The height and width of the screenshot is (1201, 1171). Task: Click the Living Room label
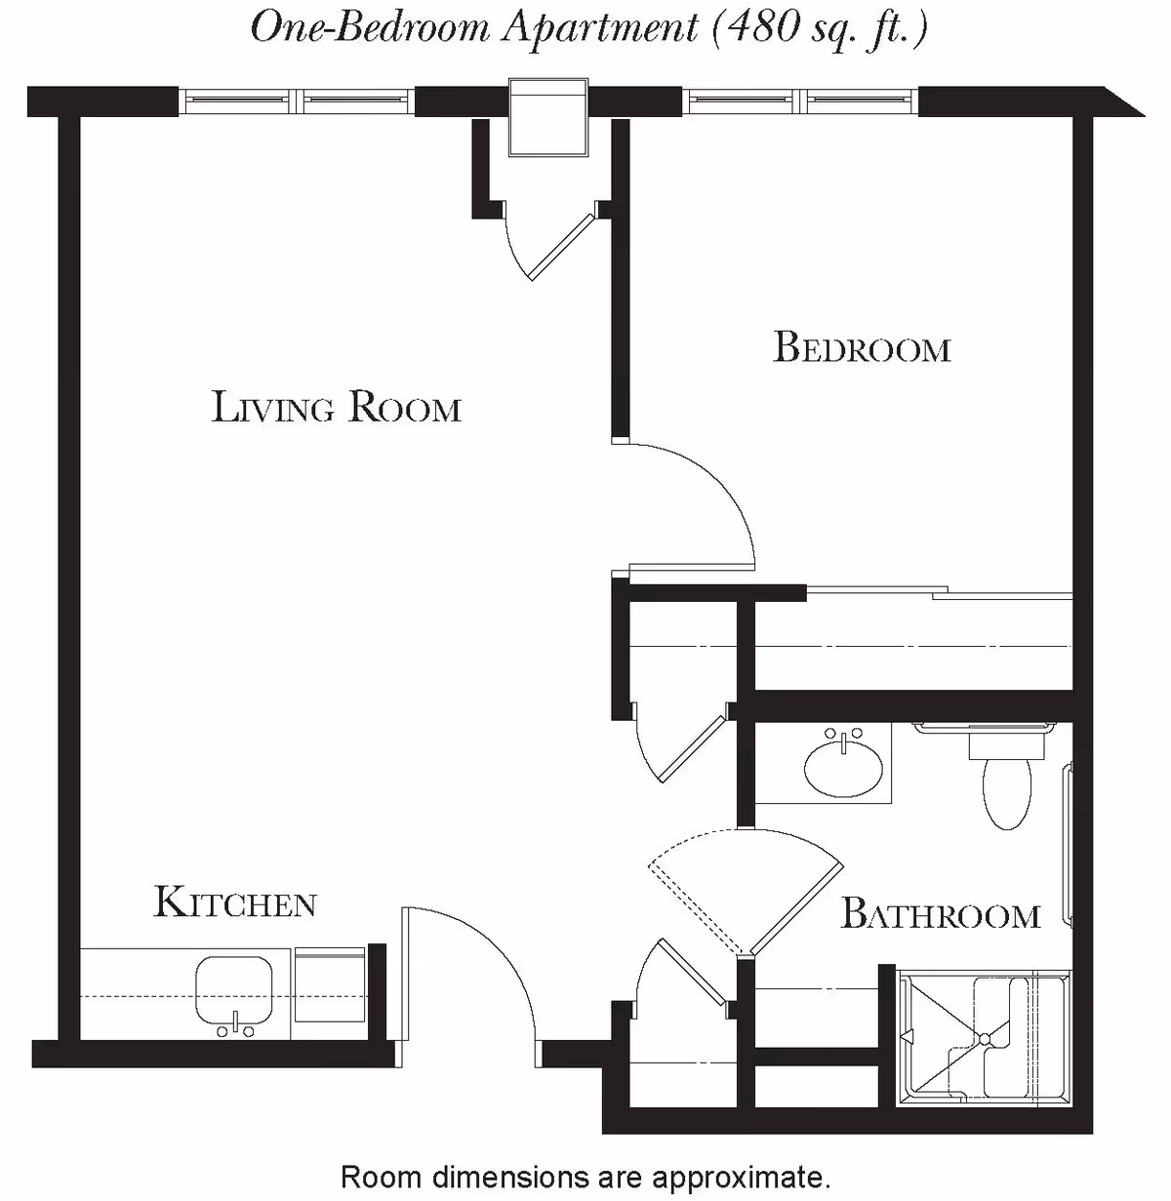[x=337, y=407]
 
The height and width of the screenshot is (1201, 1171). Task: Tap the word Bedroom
[x=862, y=348]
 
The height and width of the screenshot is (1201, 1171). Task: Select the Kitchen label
[x=235, y=902]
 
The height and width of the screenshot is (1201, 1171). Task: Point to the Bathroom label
[x=940, y=915]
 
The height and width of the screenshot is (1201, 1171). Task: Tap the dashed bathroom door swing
[x=742, y=878]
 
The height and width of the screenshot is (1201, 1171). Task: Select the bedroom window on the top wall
[x=800, y=100]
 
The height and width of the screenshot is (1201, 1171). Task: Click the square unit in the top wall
[x=548, y=119]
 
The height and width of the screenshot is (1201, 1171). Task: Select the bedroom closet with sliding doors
[x=912, y=644]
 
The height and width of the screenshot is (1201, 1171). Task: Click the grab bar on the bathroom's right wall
[x=1068, y=844]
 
